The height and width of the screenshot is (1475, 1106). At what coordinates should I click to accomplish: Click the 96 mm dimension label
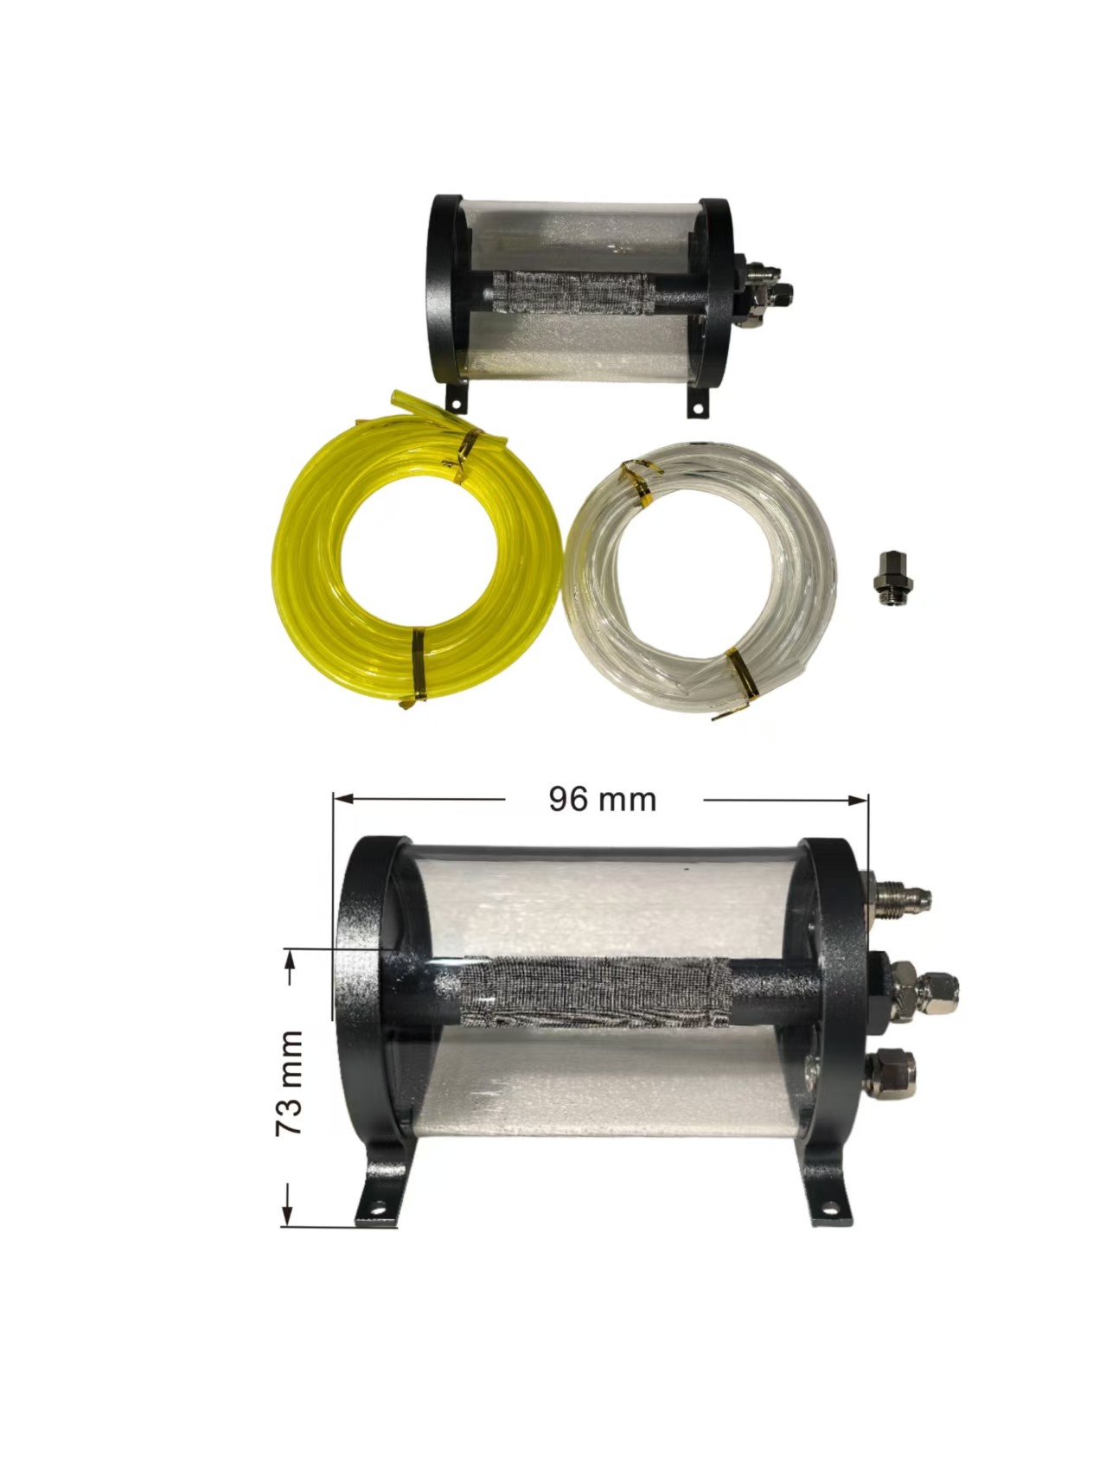pos(603,799)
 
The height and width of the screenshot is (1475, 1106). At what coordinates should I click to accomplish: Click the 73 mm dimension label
pos(289,1082)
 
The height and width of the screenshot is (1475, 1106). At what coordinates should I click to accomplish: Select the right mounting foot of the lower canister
pos(826,1188)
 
